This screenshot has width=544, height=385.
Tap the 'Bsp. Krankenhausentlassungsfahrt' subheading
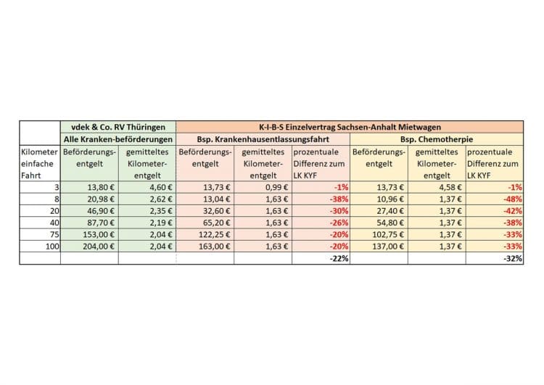263,139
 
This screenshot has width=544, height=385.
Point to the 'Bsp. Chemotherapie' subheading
437,139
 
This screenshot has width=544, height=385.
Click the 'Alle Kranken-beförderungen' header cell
118,139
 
